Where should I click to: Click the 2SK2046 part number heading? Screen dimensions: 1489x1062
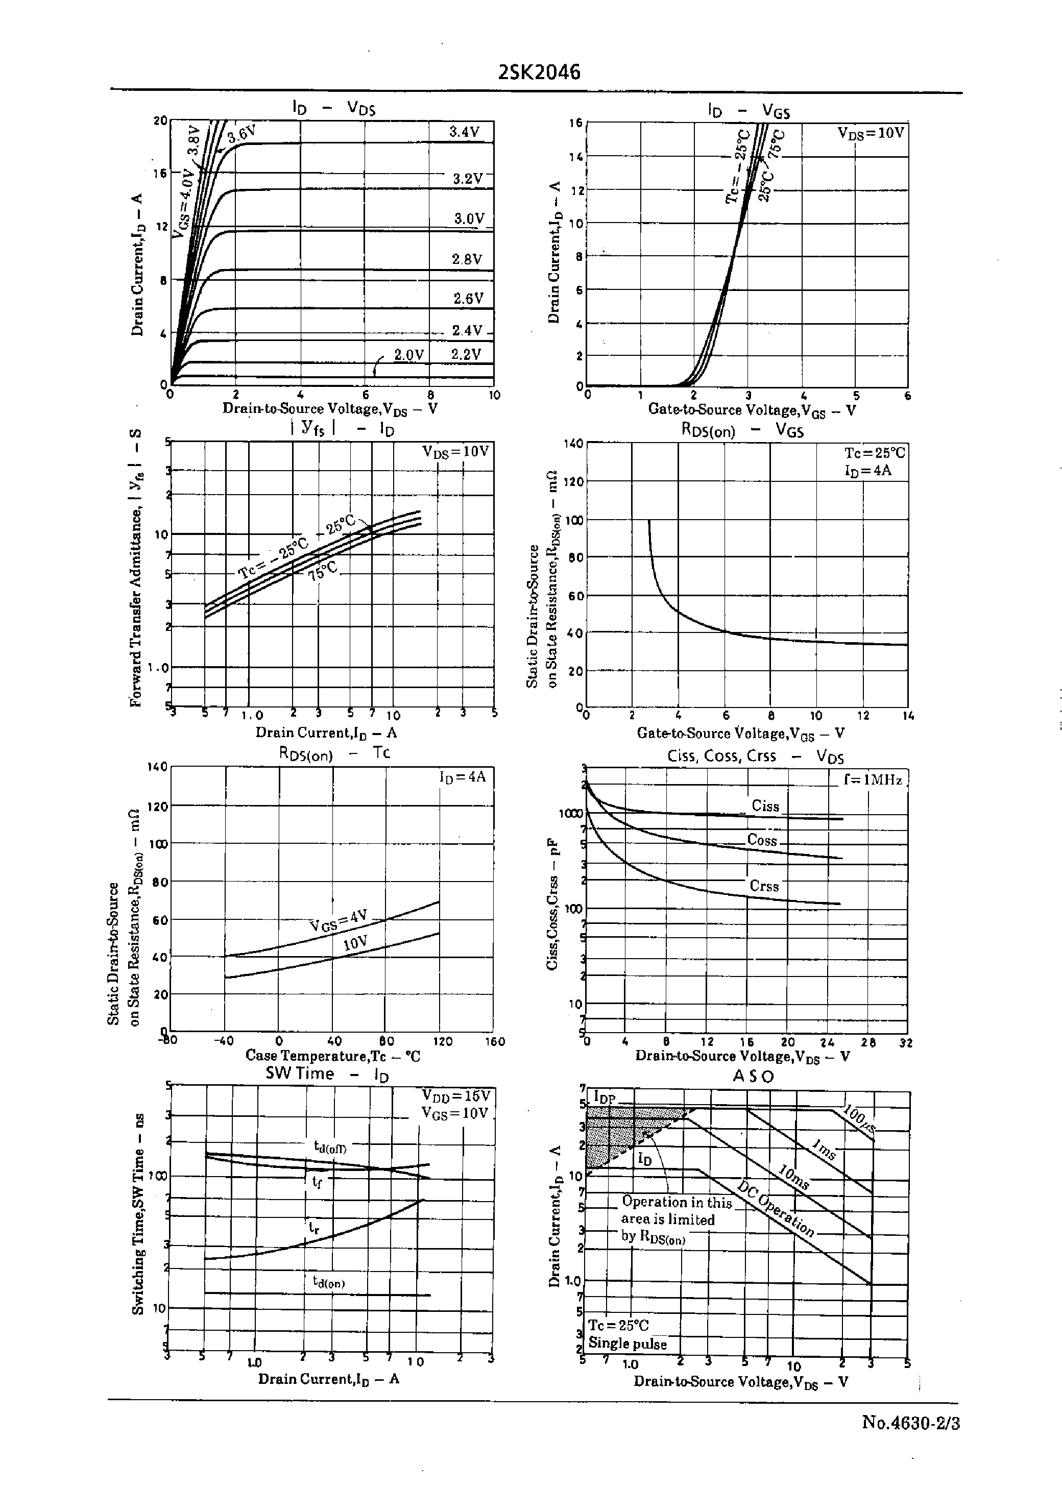click(x=539, y=72)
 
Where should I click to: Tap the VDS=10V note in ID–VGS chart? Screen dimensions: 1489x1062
click(x=871, y=133)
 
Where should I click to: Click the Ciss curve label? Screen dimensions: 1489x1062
click(x=765, y=806)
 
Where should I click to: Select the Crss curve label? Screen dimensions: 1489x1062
click(x=764, y=886)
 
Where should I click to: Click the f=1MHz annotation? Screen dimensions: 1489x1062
click(x=873, y=780)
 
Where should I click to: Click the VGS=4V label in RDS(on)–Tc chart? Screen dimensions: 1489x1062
click(x=338, y=920)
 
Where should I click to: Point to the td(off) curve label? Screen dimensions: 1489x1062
click(x=330, y=1146)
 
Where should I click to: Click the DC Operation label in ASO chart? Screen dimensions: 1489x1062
click(x=776, y=1209)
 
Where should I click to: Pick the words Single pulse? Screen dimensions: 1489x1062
click(x=627, y=1344)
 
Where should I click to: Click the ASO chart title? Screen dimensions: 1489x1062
click(x=753, y=1076)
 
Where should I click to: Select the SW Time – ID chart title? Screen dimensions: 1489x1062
click(x=326, y=1074)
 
